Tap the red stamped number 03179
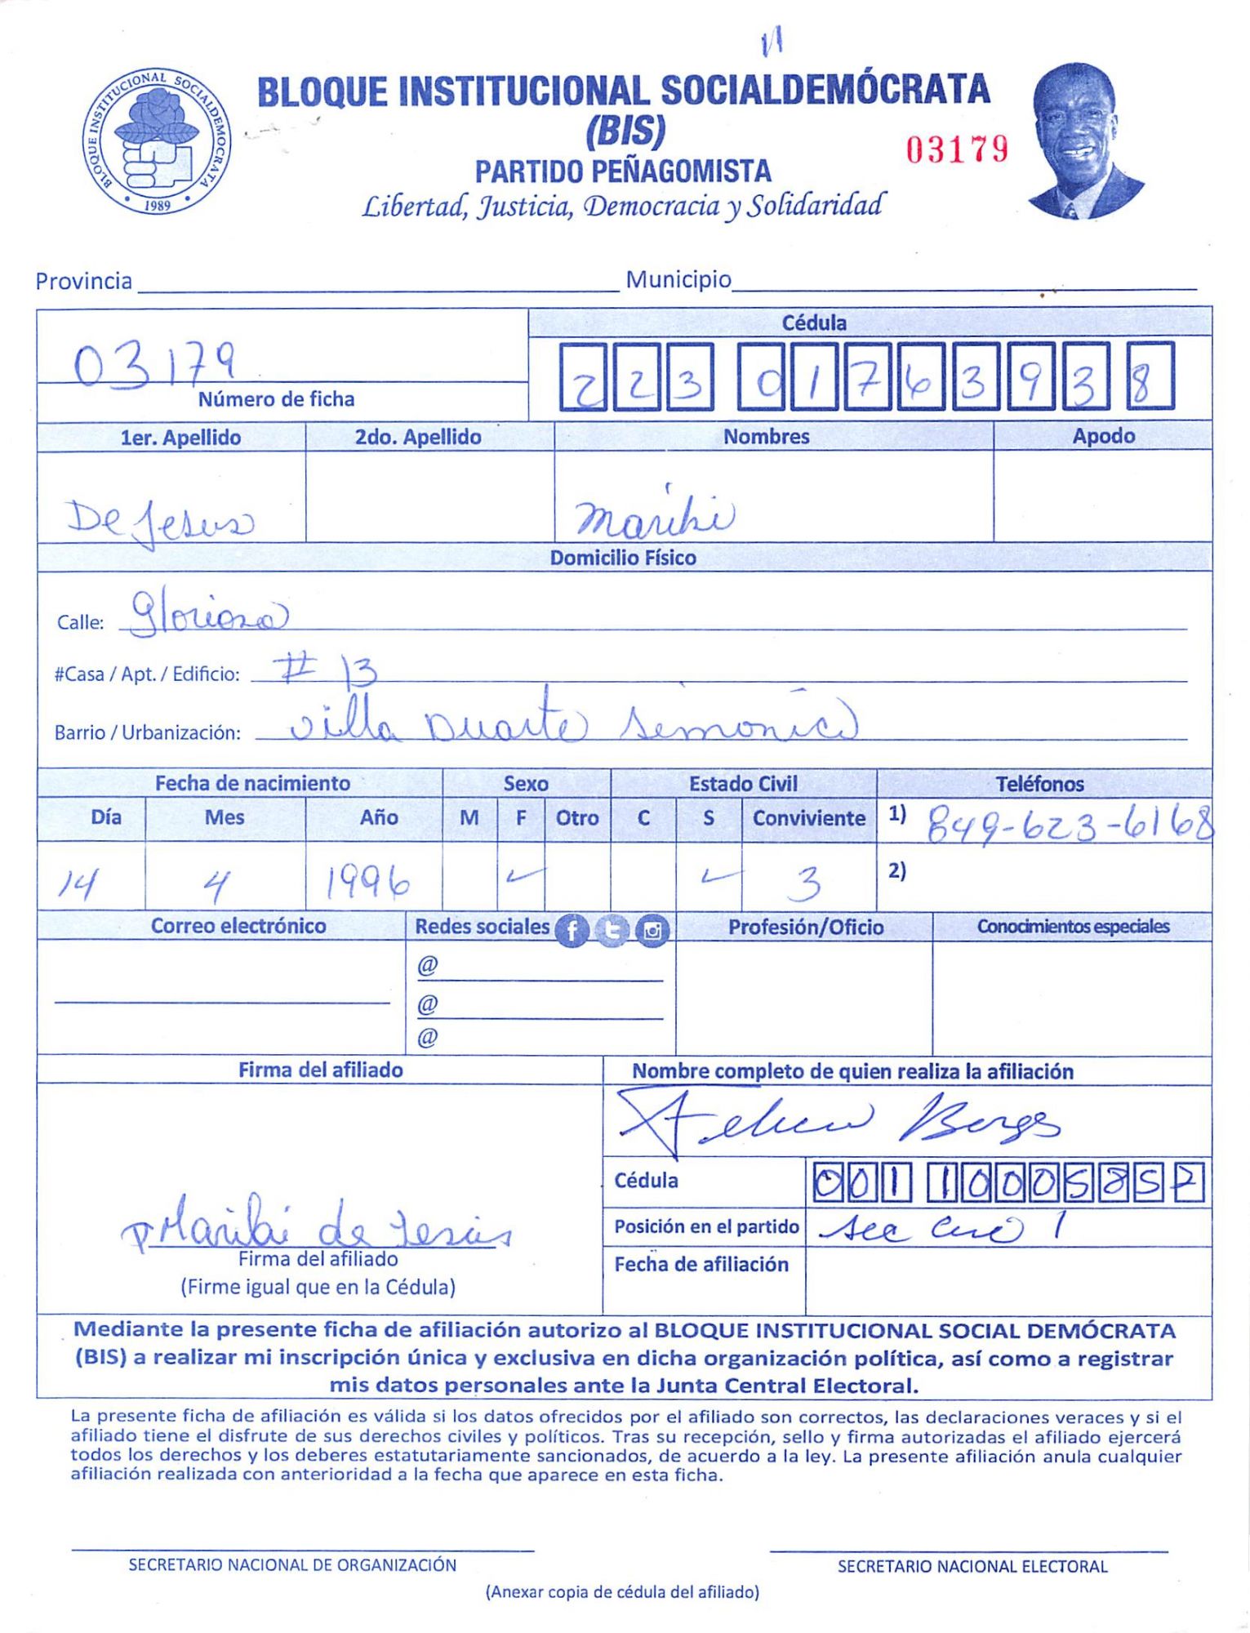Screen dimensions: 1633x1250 (957, 149)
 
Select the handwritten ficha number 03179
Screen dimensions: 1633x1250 (155, 365)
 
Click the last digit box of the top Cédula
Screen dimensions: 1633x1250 (1150, 376)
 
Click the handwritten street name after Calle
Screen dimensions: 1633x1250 (209, 614)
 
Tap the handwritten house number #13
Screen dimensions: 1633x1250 (325, 671)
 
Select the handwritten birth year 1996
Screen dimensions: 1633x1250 (367, 882)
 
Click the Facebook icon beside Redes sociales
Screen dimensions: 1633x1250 (572, 930)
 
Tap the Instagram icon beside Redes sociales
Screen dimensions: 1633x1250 (652, 930)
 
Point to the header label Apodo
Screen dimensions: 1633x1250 (1103, 436)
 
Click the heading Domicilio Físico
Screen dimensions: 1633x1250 (623, 558)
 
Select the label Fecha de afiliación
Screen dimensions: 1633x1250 (701, 1265)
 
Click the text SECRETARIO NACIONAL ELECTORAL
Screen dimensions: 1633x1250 (972, 1566)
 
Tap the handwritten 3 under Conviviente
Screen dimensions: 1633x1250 (807, 882)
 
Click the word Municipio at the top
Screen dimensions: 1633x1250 (678, 280)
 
